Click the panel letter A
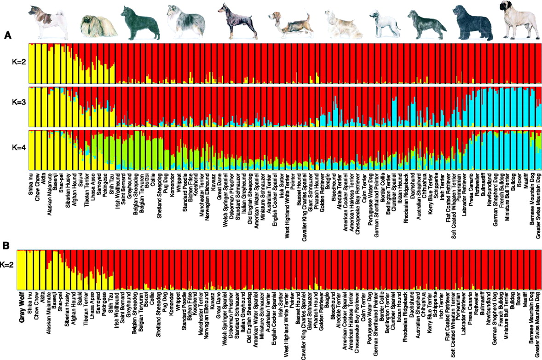pos(7,35)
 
